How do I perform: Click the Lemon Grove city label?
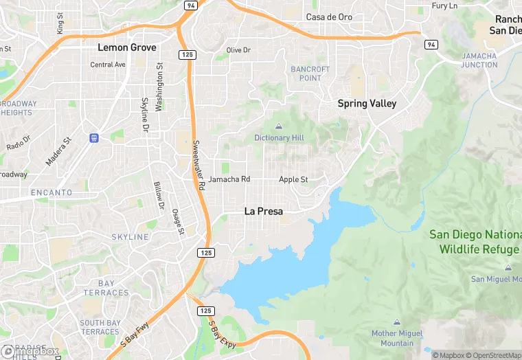[x=127, y=47]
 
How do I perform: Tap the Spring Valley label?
[x=367, y=104]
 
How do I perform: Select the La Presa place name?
[x=264, y=212]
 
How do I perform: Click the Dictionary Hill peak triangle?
[x=279, y=126]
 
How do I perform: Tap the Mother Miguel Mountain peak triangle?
[x=397, y=322]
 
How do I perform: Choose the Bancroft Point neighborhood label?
[x=310, y=74]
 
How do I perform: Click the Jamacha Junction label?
[x=479, y=60]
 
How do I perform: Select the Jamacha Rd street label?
[x=229, y=179]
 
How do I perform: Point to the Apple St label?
[x=293, y=179]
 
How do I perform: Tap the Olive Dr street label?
[x=239, y=50]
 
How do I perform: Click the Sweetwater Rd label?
[x=198, y=165]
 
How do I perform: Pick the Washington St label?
[x=160, y=87]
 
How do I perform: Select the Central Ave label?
[x=108, y=65]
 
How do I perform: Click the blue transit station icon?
[x=94, y=138]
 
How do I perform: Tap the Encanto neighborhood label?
[x=51, y=193]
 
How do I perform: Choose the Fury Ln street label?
[x=444, y=5]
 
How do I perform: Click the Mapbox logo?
[x=31, y=351]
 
